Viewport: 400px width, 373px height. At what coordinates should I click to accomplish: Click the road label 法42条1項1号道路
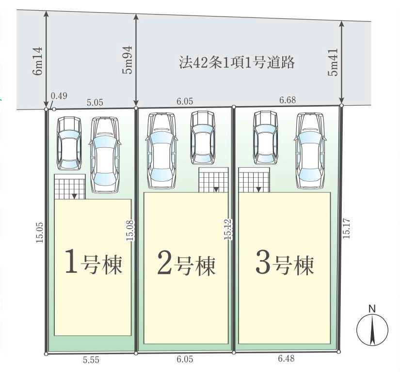pyautogui.click(x=237, y=62)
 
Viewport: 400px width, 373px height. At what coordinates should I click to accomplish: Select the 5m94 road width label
pyautogui.click(x=128, y=60)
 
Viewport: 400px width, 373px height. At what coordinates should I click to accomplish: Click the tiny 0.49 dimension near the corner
pyautogui.click(x=59, y=96)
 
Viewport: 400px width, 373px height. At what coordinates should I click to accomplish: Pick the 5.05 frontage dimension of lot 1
pyautogui.click(x=95, y=103)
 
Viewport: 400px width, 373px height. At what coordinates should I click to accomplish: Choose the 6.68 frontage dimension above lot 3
pyautogui.click(x=288, y=100)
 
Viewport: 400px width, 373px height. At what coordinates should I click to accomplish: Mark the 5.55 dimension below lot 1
pyautogui.click(x=91, y=360)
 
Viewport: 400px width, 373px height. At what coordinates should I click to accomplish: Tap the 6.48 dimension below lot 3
pyautogui.click(x=286, y=358)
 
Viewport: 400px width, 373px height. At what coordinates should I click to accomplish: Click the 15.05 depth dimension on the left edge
pyautogui.click(x=40, y=233)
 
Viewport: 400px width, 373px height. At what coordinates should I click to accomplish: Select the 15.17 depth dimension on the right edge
pyautogui.click(x=346, y=229)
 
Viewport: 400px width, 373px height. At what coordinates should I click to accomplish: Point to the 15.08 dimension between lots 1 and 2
pyautogui.click(x=130, y=231)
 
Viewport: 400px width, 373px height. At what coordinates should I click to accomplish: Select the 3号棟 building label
pyautogui.click(x=284, y=265)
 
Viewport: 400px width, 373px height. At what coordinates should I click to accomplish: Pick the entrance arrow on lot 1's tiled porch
pyautogui.click(x=74, y=196)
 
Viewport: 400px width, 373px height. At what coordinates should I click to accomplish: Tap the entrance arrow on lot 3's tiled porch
pyautogui.click(x=258, y=189)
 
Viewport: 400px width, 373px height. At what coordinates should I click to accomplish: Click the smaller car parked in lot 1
pyautogui.click(x=69, y=143)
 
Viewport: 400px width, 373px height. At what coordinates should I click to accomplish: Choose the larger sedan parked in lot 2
pyautogui.click(x=161, y=151)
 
